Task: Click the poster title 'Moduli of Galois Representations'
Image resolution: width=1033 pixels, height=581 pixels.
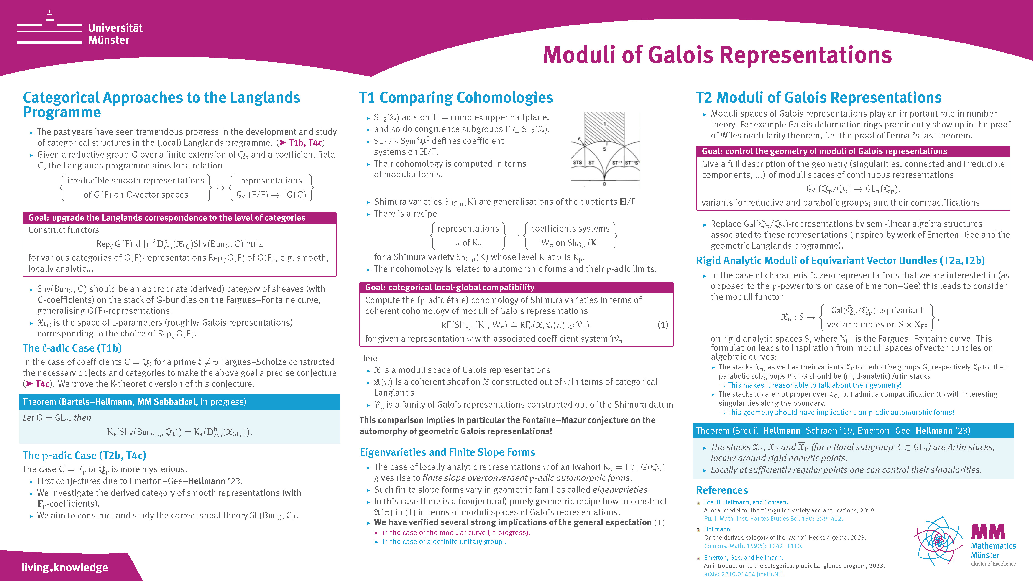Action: click(717, 55)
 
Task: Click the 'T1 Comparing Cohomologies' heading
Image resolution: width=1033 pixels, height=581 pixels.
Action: click(456, 97)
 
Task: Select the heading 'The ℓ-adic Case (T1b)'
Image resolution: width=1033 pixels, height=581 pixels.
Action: click(72, 348)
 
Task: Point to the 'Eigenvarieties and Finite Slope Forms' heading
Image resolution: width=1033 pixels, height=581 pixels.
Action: click(447, 452)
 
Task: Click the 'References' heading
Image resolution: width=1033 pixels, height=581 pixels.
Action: click(722, 490)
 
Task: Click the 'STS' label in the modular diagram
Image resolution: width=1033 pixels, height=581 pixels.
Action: click(578, 162)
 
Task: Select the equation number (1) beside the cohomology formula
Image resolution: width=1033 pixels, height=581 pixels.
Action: click(663, 325)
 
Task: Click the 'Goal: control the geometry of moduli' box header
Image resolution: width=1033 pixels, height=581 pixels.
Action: click(853, 151)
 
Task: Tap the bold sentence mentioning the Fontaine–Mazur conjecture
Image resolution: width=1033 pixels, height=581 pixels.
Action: click(507, 426)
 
